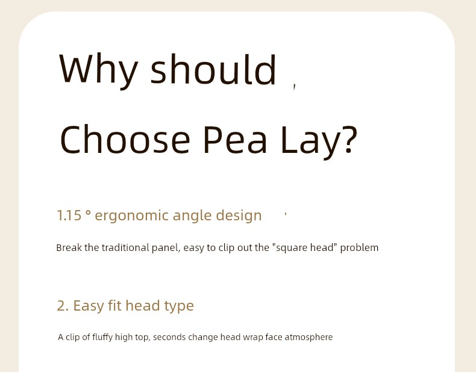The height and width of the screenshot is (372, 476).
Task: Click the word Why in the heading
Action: pos(98,71)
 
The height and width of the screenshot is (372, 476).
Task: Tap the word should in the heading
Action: pos(213,69)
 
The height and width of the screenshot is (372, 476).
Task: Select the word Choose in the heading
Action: pos(125,139)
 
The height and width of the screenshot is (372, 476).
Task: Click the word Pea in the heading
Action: pos(234,140)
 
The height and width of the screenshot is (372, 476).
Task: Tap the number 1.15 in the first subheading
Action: pos(69,215)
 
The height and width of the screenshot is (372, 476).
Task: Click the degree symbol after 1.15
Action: pos(88,212)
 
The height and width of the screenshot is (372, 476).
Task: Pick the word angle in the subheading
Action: pos(192,217)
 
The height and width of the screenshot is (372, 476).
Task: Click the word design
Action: pos(239,216)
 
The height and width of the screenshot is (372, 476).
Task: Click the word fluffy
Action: pos(102,338)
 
